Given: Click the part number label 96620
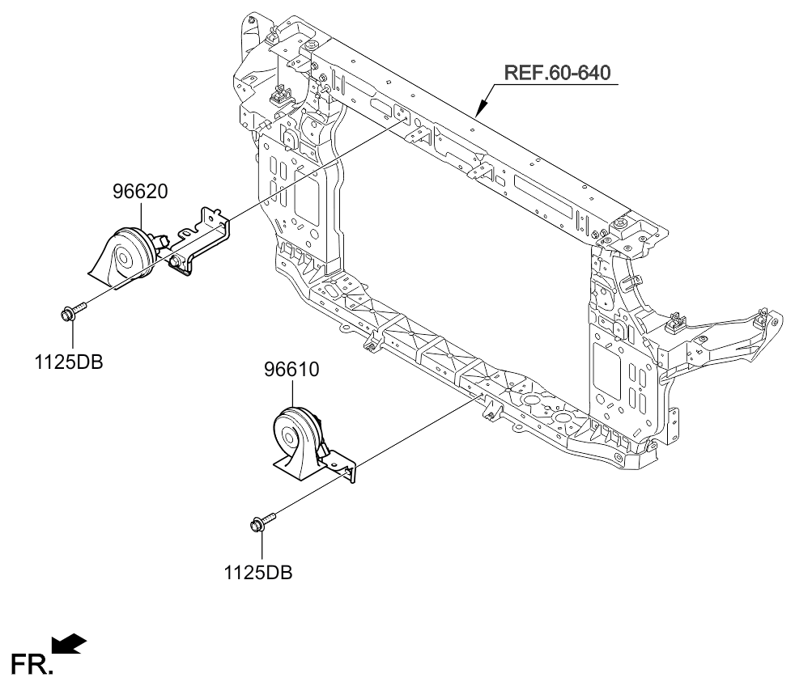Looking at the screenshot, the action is click(x=140, y=192).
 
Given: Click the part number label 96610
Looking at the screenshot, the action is click(x=291, y=370).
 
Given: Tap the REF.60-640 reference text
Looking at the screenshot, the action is click(x=557, y=73).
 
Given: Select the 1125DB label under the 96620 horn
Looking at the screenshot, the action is click(x=69, y=362).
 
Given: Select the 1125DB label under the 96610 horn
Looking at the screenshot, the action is click(x=258, y=573).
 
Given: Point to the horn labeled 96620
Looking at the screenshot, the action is click(x=124, y=255).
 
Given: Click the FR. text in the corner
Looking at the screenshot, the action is click(x=32, y=665).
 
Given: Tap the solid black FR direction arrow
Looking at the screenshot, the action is click(x=69, y=644).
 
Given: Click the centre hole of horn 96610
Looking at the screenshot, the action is click(x=289, y=436).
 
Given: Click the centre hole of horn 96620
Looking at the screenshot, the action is click(x=123, y=259).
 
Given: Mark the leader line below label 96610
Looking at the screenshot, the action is click(x=292, y=393).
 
